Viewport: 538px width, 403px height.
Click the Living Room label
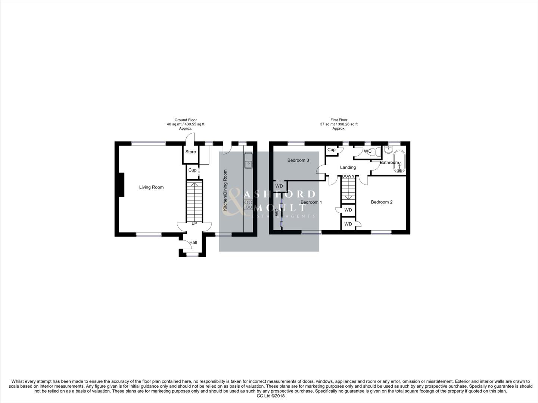151,187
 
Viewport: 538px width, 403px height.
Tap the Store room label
190,152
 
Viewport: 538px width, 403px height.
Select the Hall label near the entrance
193,243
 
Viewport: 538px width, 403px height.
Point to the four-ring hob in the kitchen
248,205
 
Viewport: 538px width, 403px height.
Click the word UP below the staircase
194,224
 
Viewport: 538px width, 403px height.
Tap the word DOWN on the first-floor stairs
348,176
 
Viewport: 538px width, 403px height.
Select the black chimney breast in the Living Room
121,184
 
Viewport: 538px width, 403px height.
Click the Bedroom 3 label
298,160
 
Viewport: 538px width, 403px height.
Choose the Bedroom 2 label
382,202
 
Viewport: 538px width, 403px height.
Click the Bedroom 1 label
311,202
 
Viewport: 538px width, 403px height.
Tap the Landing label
348,168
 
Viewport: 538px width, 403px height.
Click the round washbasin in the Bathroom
389,150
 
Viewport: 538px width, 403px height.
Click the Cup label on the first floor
331,150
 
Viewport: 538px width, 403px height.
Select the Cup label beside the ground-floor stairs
192,170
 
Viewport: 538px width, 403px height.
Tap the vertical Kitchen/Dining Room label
225,190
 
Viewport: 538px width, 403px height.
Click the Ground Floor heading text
186,120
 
